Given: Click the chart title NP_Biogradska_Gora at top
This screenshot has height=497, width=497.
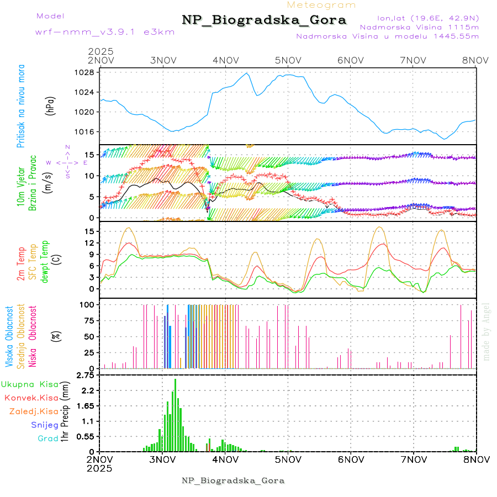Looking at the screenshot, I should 264,20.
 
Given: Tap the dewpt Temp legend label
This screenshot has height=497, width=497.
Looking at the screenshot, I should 45,260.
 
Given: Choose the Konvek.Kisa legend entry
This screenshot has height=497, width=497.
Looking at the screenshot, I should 31,398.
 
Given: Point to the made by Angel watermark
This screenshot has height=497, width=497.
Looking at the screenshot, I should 487,331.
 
